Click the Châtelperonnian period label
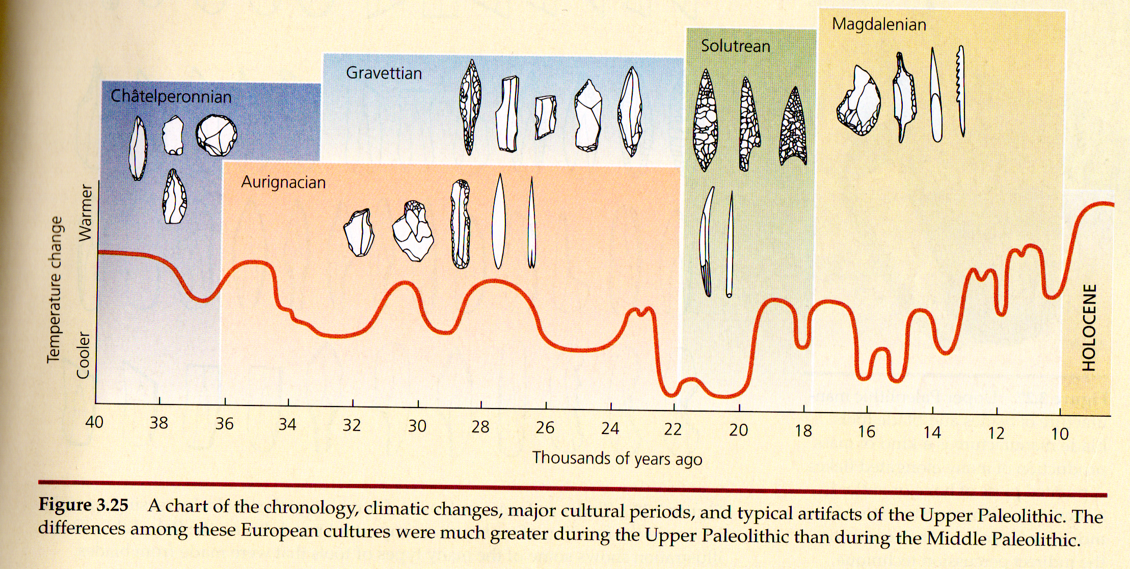tap(171, 96)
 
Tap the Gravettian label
tap(384, 73)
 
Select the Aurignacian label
tap(283, 182)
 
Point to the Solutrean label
tap(735, 46)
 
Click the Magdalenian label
tap(879, 24)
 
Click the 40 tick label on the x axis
tap(94, 422)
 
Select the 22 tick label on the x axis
tap(672, 429)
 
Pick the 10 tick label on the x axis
tap(1060, 434)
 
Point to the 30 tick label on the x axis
tap(417, 426)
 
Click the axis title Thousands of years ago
tap(617, 458)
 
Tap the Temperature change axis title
tap(55, 290)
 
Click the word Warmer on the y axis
tap(85, 213)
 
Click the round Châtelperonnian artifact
tap(217, 135)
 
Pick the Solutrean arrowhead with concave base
tap(793, 127)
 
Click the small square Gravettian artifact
tap(545, 117)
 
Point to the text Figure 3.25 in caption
tap(84, 504)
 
